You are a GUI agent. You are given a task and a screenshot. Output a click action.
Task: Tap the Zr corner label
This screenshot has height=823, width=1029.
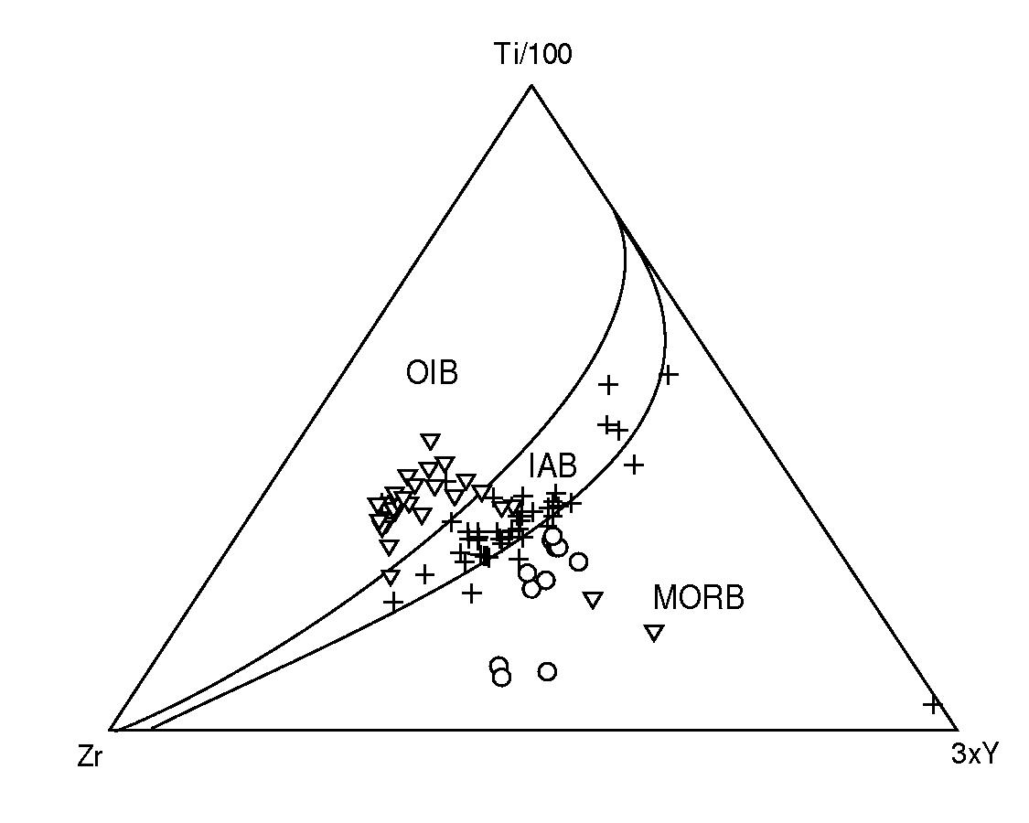click(90, 757)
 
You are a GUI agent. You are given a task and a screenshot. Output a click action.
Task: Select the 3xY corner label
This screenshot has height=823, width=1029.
click(974, 754)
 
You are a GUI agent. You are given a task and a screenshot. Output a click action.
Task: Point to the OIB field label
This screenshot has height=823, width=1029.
click(432, 373)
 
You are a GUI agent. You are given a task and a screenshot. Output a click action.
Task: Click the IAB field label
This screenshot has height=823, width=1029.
click(552, 466)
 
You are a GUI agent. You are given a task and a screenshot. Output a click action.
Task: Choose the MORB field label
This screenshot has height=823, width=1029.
click(698, 598)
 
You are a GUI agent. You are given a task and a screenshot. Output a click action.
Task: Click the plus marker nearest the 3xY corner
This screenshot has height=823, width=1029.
click(932, 705)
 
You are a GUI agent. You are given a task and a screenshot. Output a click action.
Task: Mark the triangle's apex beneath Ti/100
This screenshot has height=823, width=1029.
click(531, 85)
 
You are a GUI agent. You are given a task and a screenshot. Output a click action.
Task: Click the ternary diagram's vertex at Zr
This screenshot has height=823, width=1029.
click(111, 729)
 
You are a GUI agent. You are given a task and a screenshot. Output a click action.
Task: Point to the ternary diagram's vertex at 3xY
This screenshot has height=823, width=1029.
click(957, 729)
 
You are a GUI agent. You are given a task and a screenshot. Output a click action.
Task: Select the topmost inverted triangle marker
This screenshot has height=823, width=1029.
click(431, 442)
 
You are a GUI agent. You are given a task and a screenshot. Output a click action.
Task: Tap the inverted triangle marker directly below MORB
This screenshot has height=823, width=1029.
click(654, 634)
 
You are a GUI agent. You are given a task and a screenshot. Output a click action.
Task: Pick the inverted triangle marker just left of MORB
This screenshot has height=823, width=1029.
click(594, 600)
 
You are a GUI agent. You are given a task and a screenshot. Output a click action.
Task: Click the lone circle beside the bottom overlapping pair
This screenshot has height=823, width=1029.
click(547, 671)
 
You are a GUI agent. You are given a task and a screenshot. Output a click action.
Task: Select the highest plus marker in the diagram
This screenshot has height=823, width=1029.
click(669, 376)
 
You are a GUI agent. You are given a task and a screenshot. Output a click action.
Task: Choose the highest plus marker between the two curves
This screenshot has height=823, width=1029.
click(609, 385)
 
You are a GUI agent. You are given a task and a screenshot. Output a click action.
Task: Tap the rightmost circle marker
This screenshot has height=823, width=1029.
click(578, 561)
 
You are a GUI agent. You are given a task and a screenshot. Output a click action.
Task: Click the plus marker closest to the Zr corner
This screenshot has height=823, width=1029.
click(393, 601)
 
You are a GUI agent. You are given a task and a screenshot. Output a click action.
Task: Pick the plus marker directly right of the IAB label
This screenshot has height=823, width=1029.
click(634, 465)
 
